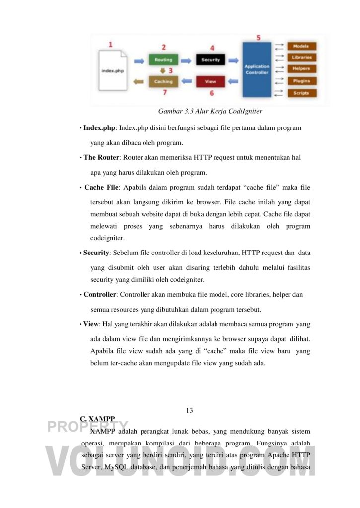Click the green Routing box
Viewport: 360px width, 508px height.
click(163, 60)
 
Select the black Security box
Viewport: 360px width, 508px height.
click(211, 60)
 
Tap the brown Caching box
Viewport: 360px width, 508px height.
click(163, 81)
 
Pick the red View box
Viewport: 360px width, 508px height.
click(211, 81)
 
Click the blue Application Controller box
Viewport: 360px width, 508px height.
click(257, 69)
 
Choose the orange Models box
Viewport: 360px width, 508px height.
click(301, 46)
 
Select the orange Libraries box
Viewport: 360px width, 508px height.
click(301, 58)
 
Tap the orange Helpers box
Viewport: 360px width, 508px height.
click(301, 69)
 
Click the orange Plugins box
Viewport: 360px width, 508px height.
click(301, 81)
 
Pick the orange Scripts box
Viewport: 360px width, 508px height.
click(301, 93)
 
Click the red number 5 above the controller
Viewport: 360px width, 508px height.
click(258, 38)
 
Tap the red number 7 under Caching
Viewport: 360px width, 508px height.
click(164, 93)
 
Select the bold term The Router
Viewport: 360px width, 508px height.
click(101, 157)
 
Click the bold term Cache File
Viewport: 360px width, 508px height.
click(101, 187)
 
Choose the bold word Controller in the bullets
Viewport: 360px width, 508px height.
click(100, 294)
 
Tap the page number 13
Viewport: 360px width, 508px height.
click(189, 410)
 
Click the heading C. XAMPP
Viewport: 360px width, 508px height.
click(97, 419)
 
